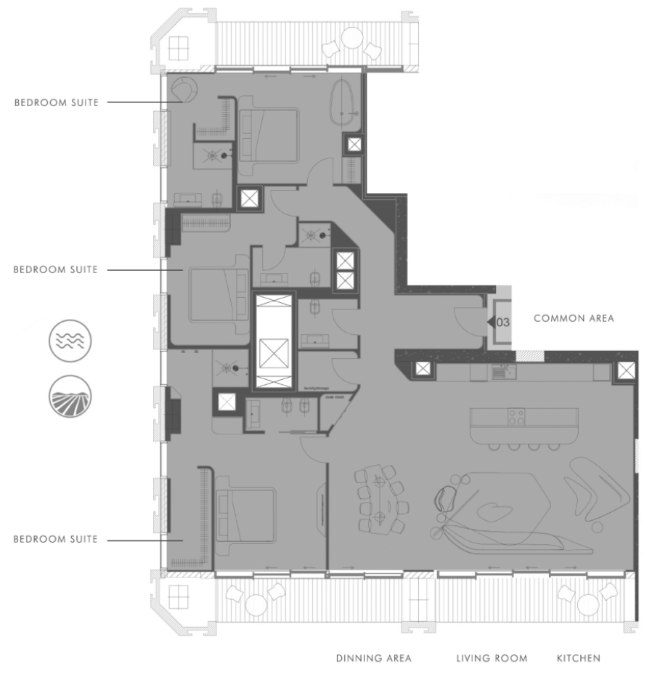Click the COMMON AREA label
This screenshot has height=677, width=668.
coord(574,318)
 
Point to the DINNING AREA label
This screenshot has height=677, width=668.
coord(373,659)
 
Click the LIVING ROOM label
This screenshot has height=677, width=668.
coord(492,659)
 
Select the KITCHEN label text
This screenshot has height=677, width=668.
coord(578,659)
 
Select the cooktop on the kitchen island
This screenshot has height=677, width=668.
coord(516,417)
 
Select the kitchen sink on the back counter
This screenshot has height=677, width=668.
coord(500,372)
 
